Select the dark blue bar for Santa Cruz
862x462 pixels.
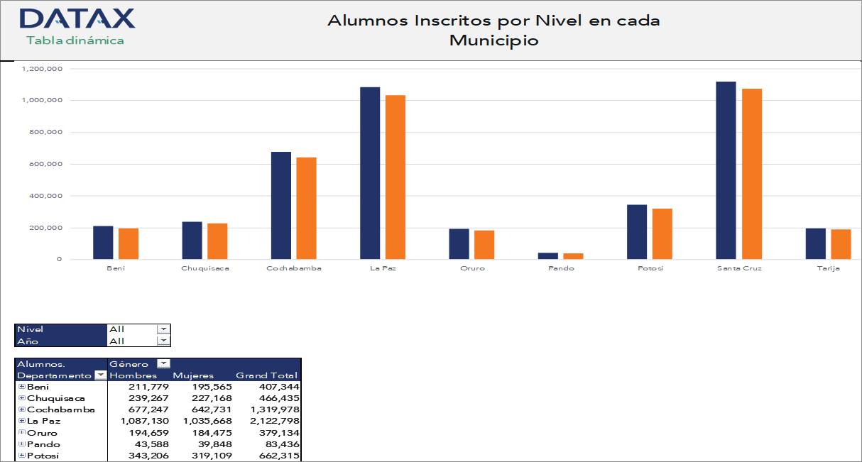click(x=726, y=170)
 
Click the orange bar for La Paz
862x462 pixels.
click(x=395, y=177)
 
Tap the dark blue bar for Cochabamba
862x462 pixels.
click(x=281, y=206)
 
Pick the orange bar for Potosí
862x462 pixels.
click(x=662, y=234)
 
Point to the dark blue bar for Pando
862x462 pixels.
click(x=548, y=255)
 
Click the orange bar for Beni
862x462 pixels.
click(x=129, y=243)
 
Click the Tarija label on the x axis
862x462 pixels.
click(x=828, y=269)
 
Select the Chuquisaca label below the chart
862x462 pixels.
click(x=205, y=269)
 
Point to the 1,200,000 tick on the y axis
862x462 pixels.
click(x=43, y=69)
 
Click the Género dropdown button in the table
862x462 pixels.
click(x=164, y=364)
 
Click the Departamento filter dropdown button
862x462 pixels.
click(x=100, y=375)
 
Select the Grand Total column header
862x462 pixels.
click(x=266, y=375)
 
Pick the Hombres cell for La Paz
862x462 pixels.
click(x=142, y=421)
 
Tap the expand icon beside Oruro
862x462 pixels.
click(x=22, y=432)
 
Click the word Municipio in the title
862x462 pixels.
click(x=494, y=40)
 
